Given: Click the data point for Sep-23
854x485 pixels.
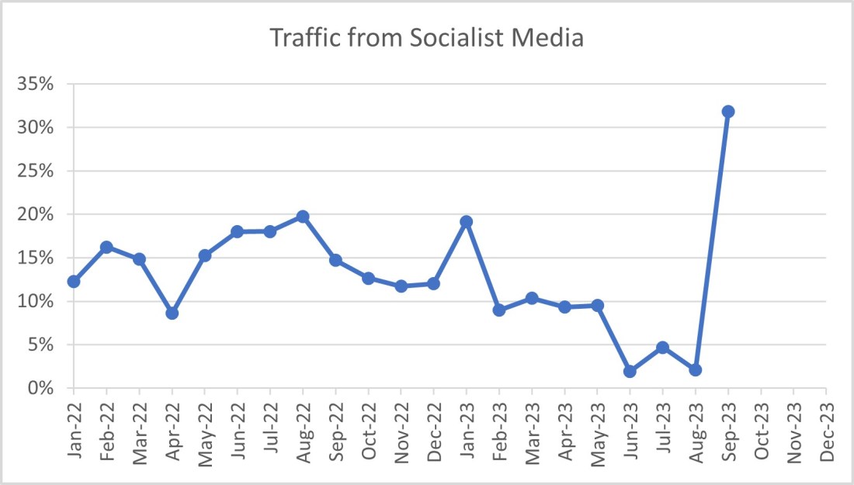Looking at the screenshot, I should coord(728,112).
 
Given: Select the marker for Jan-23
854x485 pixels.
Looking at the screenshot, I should coord(467,222).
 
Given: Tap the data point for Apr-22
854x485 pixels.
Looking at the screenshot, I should coord(172,314).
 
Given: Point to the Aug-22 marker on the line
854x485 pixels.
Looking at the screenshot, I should coord(303,217).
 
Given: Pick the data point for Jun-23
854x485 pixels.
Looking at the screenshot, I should coord(630,372).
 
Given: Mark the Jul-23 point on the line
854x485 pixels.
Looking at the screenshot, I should coord(662,348).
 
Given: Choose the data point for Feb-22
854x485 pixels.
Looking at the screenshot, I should coord(106,247).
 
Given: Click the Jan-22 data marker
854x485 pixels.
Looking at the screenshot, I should coord(74,282).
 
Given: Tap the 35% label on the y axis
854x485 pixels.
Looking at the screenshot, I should coord(37,84).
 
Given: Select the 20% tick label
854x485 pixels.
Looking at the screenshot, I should coord(37,214).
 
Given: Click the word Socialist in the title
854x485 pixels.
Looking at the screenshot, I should coord(450,38).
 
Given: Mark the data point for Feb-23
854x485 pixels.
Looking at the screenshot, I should coord(499,310).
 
